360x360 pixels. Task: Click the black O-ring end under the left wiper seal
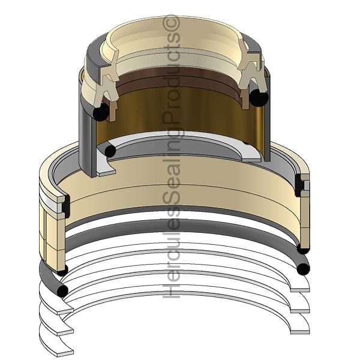coord(101,112)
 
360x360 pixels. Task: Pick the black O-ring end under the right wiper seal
coord(259,98)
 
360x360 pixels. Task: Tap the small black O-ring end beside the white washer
coord(110,151)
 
